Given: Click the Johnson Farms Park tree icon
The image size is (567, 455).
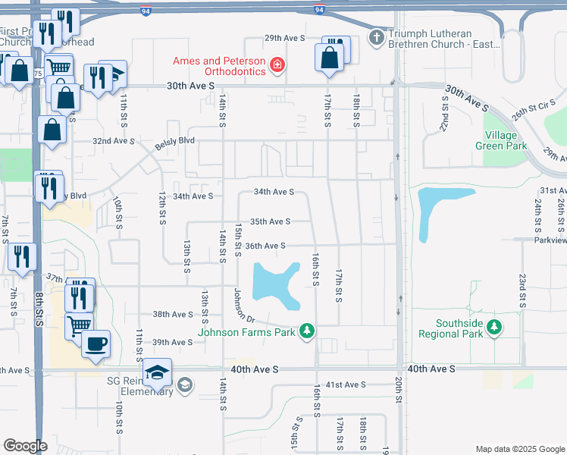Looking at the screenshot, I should [x=307, y=331].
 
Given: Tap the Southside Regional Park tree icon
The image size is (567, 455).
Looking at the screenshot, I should [x=494, y=328].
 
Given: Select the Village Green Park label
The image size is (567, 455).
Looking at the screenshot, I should [x=501, y=140].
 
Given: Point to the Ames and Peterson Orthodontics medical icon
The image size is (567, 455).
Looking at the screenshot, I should [x=277, y=66].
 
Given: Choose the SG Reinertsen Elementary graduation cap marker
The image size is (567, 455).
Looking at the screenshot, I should [x=158, y=373].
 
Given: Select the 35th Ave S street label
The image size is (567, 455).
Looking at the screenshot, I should [x=271, y=221].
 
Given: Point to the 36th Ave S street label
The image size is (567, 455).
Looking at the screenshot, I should [x=265, y=246].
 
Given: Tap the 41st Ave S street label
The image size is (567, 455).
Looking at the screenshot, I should [x=346, y=384].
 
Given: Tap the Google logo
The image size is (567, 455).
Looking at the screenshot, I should [x=25, y=446].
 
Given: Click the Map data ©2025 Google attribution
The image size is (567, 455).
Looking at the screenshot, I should [x=519, y=449].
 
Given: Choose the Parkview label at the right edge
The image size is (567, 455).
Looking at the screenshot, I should [x=550, y=240].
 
